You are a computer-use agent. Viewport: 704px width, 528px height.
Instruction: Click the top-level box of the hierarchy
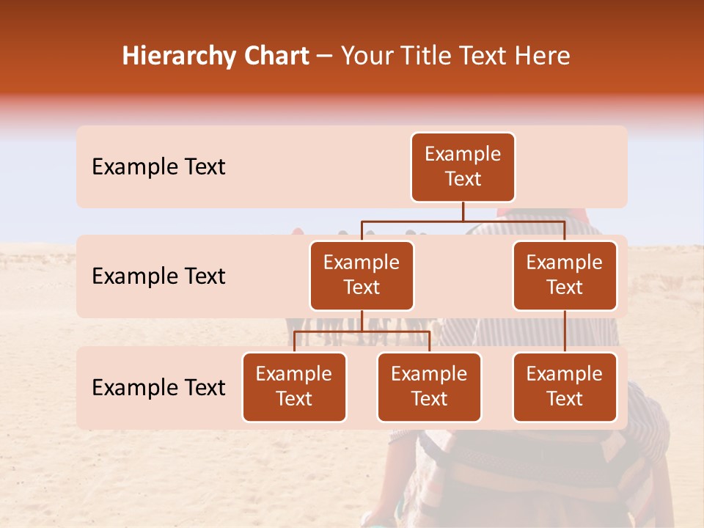463,167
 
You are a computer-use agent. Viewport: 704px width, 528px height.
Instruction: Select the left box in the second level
362,276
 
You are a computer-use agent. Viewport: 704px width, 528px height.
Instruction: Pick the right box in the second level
565,276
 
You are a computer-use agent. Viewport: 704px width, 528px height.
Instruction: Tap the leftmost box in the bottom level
294,387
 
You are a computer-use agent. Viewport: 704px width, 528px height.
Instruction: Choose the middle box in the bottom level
429,387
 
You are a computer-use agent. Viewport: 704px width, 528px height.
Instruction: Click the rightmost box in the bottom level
565,387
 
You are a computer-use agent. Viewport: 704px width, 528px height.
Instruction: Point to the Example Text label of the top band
158,167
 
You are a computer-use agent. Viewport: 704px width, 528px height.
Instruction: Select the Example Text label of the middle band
158,276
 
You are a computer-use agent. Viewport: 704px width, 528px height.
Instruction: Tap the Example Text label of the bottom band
158,387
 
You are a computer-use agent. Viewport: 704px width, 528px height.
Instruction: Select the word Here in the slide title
543,56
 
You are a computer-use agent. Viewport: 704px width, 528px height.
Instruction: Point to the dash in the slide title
325,57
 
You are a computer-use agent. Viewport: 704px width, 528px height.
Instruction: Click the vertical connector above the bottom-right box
565,331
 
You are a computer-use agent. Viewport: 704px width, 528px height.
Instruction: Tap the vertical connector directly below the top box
463,211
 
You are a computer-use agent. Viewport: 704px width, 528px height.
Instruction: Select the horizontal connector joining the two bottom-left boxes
362,331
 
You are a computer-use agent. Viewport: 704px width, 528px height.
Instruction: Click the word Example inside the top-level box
463,154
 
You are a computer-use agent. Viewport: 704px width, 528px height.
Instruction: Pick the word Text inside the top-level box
463,179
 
